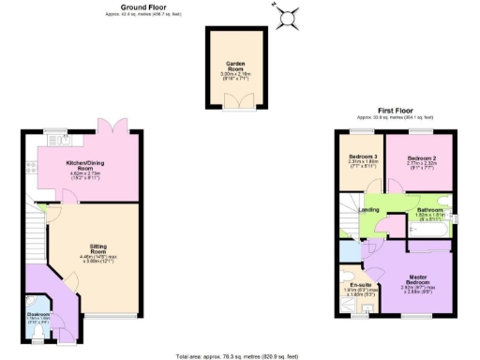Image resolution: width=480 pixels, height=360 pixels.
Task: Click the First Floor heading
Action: pos(397,111)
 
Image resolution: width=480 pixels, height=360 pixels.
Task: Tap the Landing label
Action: pos(369,209)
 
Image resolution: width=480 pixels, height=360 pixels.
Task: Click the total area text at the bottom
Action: pos(238,356)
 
